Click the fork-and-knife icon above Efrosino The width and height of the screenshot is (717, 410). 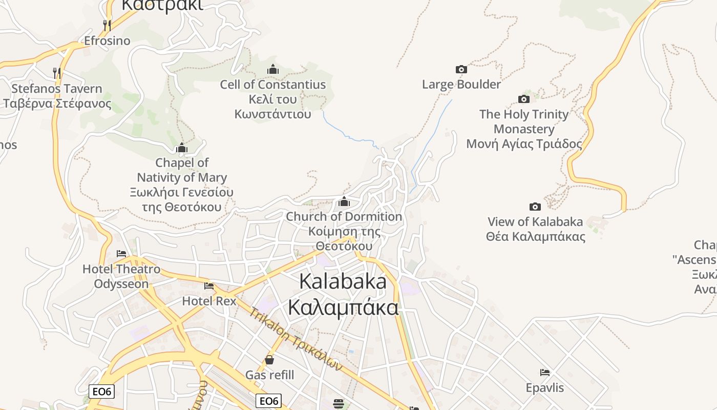point(107,25)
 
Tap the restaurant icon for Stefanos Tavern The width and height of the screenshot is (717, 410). point(57,73)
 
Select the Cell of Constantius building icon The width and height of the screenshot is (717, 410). point(273,69)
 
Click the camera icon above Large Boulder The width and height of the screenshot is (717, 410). point(461,69)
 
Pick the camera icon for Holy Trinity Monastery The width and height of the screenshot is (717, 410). point(524,99)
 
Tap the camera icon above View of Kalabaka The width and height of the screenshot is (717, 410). point(535,207)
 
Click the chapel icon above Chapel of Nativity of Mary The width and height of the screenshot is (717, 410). point(182,148)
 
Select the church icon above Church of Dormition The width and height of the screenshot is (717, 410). point(344,201)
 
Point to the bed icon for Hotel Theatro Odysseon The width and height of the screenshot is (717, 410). point(121,253)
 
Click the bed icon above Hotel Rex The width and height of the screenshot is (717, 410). point(209,285)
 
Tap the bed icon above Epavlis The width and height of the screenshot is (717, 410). point(545,372)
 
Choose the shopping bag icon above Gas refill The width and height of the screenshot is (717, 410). point(269,360)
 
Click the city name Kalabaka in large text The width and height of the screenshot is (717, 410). point(343,281)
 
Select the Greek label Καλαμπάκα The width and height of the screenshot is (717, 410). point(343,307)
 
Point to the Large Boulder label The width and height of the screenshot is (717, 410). point(461,84)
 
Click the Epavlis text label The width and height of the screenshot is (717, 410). point(545,387)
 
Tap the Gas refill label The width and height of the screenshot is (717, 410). point(270,375)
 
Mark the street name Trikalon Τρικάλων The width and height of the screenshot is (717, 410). point(296,339)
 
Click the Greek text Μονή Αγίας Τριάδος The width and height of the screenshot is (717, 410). point(524,144)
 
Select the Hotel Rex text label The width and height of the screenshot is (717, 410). point(209,301)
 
